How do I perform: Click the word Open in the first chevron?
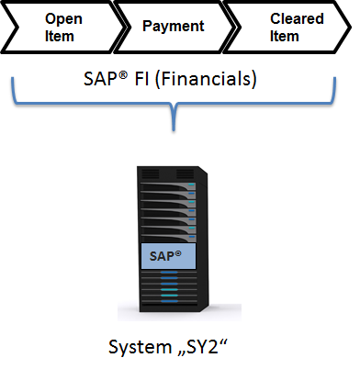pyautogui.click(x=63, y=19)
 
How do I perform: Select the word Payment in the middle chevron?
pyautogui.click(x=174, y=27)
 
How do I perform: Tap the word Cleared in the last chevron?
pyautogui.click(x=297, y=18)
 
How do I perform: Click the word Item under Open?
pyautogui.click(x=60, y=36)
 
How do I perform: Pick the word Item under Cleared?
pyautogui.click(x=285, y=36)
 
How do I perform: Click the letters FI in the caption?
pyautogui.click(x=142, y=79)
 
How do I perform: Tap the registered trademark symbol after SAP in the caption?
pyautogui.click(x=122, y=74)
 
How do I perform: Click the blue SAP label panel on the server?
pyautogui.click(x=168, y=256)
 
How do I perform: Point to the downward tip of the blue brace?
pyautogui.click(x=174, y=130)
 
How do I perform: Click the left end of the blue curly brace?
pyautogui.click(x=13, y=79)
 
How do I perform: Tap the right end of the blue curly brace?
pyautogui.click(x=335, y=79)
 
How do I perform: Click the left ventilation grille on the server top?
pyautogui.click(x=151, y=173)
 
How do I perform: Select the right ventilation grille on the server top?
pyautogui.click(x=186, y=173)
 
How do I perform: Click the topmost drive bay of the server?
pyautogui.click(x=168, y=186)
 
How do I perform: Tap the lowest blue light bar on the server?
pyautogui.click(x=169, y=301)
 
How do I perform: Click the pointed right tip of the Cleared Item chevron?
pyautogui.click(x=350, y=28)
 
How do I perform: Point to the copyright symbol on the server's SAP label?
pyautogui.click(x=178, y=253)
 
